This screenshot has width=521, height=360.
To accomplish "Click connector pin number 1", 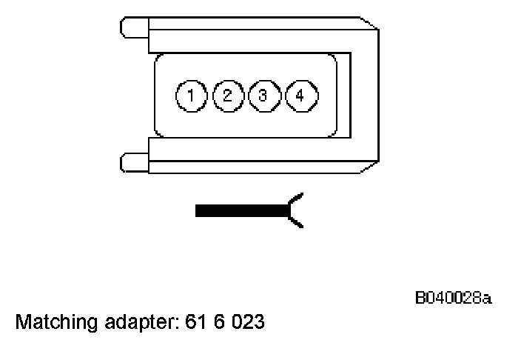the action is coord(191,96).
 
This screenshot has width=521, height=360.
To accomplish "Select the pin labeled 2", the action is coord(227,96).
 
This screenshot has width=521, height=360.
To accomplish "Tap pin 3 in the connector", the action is coord(263,96).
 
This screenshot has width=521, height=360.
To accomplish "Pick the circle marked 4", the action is coord(299,96).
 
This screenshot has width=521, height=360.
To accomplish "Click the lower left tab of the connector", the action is coord(134,161).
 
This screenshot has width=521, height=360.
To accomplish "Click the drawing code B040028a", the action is coord(452,298).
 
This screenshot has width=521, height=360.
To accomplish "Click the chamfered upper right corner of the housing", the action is coord(369,24).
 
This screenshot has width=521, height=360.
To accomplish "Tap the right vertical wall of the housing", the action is coord(364,94).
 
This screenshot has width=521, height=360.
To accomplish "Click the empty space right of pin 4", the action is coord(326,96).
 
